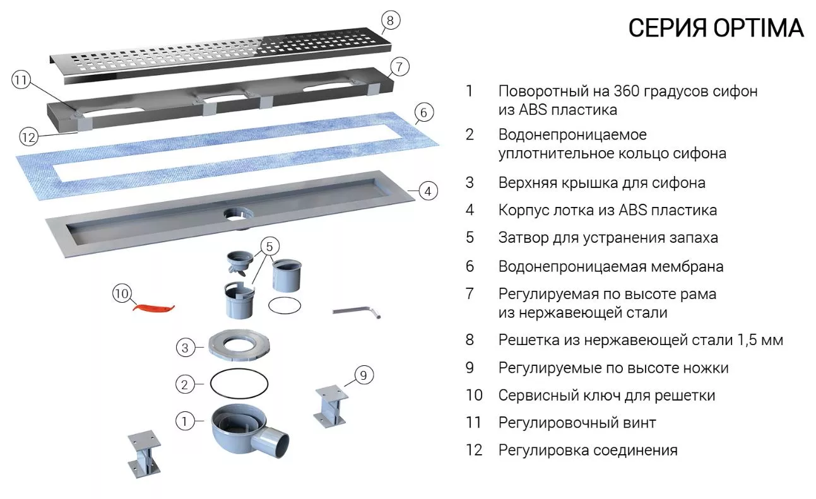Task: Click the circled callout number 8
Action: point(390,20)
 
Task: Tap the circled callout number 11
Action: point(21,79)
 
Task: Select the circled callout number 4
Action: point(428,191)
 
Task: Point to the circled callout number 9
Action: point(364,375)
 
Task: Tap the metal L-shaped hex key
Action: point(357,312)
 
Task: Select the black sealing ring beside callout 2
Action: point(239,384)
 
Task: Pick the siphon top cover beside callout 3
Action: point(239,345)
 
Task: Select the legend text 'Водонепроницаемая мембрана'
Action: point(610,267)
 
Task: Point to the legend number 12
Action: point(474,450)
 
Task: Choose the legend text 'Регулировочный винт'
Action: point(577,423)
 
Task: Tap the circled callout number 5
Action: point(269,247)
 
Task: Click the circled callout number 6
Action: point(423,112)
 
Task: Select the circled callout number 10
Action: point(122,293)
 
